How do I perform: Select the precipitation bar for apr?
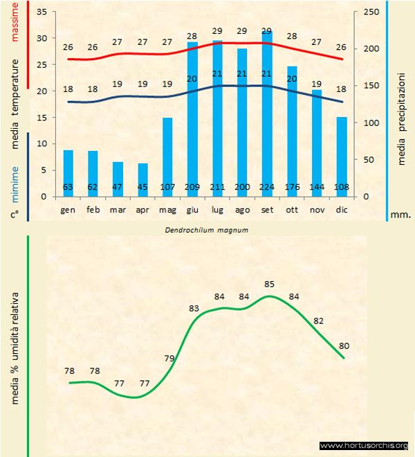pyautogui.click(x=142, y=179)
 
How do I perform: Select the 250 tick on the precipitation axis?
pyautogui.click(x=371, y=12)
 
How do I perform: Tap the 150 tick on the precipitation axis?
pyautogui.click(x=371, y=86)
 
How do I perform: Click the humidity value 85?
pyautogui.click(x=270, y=284)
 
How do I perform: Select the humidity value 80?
pyautogui.click(x=344, y=346)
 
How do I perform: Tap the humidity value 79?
pyautogui.click(x=169, y=358)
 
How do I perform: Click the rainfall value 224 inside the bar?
pyautogui.click(x=267, y=187)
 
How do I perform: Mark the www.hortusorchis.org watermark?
pyautogui.click(x=364, y=446)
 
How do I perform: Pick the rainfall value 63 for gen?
pyautogui.click(x=68, y=187)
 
